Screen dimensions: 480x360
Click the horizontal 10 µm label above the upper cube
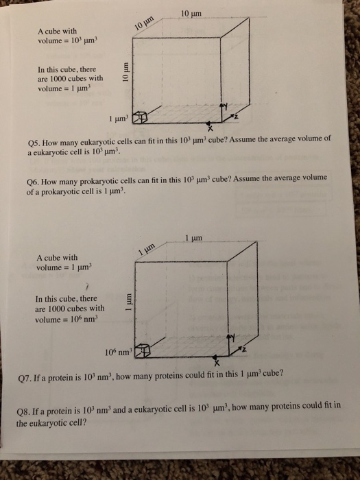[191, 14]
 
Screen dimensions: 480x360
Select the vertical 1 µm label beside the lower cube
[128, 302]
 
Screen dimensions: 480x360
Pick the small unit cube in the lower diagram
[143, 352]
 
